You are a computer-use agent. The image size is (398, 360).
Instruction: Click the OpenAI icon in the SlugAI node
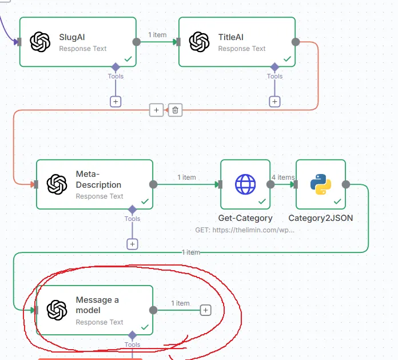(x=40, y=42)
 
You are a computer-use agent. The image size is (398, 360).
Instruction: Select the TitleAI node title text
(x=230, y=37)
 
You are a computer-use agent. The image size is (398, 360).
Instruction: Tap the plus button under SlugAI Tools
(x=116, y=101)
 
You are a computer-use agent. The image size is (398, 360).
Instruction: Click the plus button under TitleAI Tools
(x=274, y=101)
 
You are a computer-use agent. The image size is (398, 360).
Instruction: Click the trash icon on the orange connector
(x=176, y=109)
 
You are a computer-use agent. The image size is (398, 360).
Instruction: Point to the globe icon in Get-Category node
(x=245, y=184)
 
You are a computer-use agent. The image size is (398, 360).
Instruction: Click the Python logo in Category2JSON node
(x=320, y=184)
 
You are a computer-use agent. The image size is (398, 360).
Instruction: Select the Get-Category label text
(x=245, y=218)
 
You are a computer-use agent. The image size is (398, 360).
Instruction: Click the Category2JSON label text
(x=320, y=218)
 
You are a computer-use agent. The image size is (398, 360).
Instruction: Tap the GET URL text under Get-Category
(x=245, y=230)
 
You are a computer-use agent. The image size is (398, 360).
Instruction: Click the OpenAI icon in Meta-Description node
(x=57, y=184)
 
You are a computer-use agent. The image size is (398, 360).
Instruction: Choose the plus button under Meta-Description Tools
(x=132, y=244)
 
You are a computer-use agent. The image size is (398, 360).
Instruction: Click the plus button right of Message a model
(x=206, y=310)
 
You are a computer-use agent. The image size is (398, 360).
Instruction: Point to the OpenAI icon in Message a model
(x=57, y=310)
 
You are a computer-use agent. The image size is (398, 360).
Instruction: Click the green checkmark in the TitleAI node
(x=287, y=59)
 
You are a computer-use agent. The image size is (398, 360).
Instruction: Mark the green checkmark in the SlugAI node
(x=128, y=59)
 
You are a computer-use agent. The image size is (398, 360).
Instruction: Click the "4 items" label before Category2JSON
(x=283, y=177)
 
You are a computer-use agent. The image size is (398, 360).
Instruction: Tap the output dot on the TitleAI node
(x=296, y=42)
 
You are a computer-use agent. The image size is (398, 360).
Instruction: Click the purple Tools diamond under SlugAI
(x=116, y=66)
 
